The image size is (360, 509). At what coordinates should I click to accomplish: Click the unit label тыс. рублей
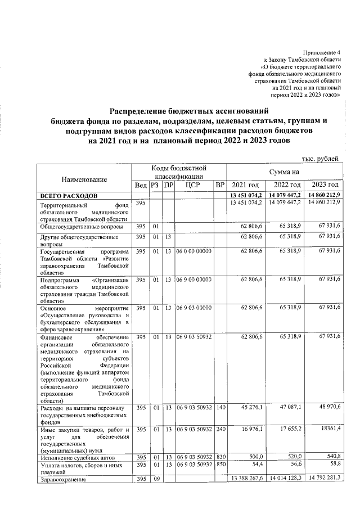pos(321,159)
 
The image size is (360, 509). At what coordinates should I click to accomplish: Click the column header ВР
pos(220,185)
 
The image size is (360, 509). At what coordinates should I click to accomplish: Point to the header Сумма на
pos(285,170)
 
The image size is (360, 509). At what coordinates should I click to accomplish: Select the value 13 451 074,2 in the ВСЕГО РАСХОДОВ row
pos(246,195)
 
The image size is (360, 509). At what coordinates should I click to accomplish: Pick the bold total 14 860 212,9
pos(323,195)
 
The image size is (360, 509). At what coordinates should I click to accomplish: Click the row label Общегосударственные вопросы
pos(81,226)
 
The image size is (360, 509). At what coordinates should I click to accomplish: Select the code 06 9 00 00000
pos(193,279)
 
